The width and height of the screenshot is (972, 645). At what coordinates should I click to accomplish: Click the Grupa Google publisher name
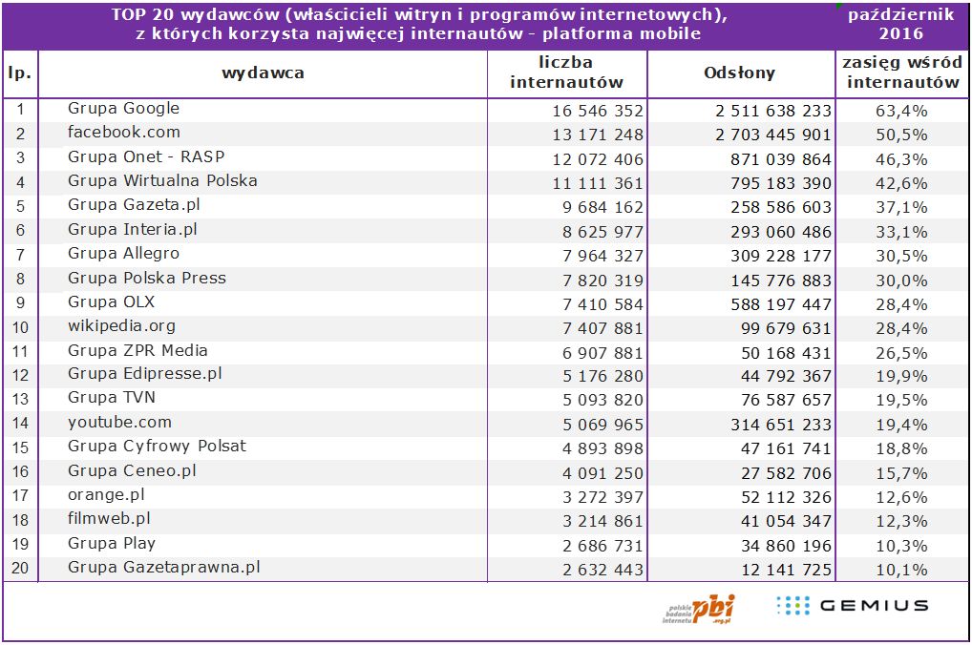(123, 109)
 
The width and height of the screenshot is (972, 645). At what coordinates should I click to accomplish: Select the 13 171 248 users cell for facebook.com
(598, 135)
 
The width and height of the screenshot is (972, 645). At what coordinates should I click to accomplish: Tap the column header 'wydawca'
(263, 73)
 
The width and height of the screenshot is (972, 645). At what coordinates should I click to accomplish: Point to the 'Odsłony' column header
(739, 73)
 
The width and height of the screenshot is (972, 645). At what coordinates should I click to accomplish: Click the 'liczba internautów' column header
(566, 73)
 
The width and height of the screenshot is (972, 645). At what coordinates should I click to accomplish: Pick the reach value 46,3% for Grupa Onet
(901, 158)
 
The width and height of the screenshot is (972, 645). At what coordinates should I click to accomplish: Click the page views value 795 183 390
(773, 182)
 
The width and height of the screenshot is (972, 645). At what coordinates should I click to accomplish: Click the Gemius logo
(852, 605)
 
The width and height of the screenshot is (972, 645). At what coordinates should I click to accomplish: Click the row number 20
(20, 569)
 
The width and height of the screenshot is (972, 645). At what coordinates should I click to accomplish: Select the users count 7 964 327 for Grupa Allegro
(598, 255)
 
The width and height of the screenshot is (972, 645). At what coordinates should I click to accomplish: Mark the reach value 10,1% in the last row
(901, 570)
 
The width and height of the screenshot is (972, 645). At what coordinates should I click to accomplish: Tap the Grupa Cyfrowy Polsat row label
(157, 447)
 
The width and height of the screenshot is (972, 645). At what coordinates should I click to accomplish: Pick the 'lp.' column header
(19, 73)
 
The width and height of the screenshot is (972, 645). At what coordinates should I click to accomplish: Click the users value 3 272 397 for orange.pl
(598, 496)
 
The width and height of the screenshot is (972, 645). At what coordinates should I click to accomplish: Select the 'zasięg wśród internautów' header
(902, 73)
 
